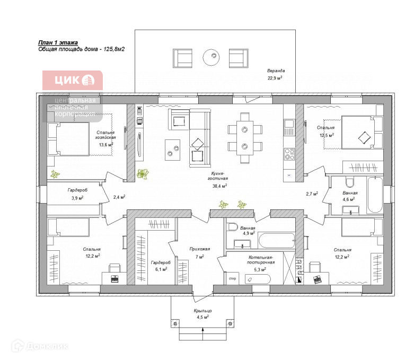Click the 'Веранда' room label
point(276,71)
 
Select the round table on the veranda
point(212,56)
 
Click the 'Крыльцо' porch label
point(202,311)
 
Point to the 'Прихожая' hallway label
point(200,249)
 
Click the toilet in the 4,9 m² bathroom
point(231,229)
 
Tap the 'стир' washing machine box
point(232,277)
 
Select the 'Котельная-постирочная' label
point(260,259)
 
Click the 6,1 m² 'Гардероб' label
point(159,263)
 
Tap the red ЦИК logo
point(72,81)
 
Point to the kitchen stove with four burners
point(289,154)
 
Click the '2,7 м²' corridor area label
point(312,194)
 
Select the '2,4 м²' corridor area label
point(119,197)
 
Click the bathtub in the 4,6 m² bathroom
point(374,194)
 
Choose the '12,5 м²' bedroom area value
point(327,135)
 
